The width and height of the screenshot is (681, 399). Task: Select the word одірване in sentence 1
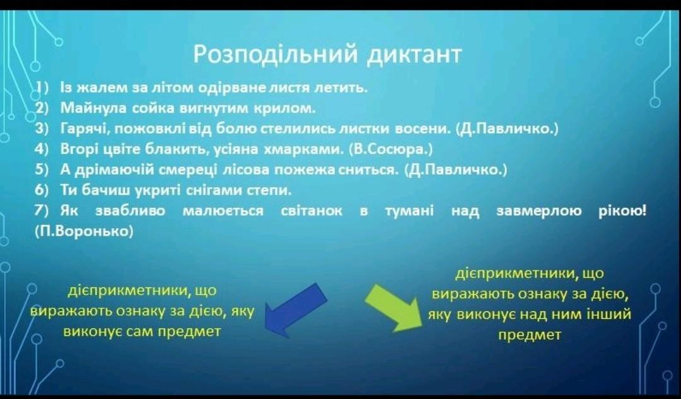click(x=232, y=88)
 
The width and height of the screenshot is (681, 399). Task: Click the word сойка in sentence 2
click(x=154, y=108)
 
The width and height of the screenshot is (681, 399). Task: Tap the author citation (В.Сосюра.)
click(x=391, y=149)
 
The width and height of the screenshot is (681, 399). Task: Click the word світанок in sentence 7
click(x=311, y=211)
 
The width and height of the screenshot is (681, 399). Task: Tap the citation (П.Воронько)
click(x=84, y=231)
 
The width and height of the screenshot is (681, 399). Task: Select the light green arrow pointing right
click(x=393, y=308)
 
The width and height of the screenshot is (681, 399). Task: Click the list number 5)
click(x=42, y=170)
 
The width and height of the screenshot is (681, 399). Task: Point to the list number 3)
click(x=42, y=129)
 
